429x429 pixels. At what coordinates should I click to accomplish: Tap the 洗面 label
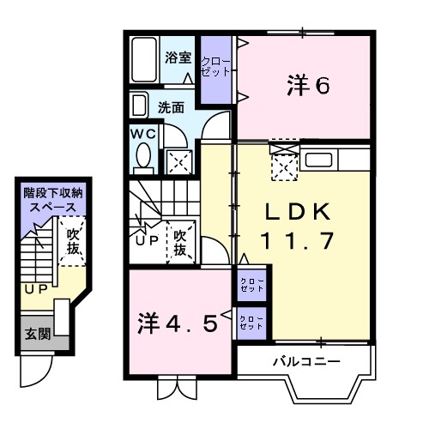coord(171,108)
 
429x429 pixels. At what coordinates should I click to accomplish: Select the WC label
coord(142,135)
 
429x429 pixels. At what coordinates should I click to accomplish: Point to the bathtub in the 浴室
coord(144,60)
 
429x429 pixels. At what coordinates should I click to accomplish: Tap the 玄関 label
coord(36,333)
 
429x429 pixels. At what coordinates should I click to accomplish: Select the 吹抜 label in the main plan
coord(180,243)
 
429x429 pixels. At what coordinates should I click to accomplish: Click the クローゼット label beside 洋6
coord(215,67)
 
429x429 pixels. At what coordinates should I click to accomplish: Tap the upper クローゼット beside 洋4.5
coord(251,285)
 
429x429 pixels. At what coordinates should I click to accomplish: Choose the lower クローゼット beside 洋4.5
coord(251,323)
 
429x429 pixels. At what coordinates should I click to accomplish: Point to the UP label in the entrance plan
coord(35,289)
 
